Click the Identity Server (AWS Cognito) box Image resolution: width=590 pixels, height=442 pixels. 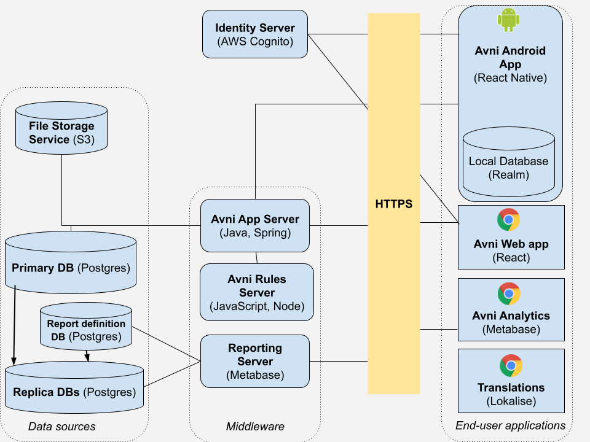255,34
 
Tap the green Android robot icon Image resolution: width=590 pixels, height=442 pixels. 508,21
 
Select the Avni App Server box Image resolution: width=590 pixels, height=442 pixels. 255,225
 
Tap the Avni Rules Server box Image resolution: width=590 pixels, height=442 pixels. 256,292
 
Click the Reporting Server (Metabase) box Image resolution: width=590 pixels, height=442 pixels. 255,361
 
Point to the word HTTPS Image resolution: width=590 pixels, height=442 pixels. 394,203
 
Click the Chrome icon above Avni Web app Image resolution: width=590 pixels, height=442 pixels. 509,220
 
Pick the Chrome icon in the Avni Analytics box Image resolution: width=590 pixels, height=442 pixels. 509,293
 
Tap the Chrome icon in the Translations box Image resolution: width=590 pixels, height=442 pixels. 511,365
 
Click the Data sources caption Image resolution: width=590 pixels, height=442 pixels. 62,426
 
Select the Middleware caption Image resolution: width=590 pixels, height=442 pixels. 255,426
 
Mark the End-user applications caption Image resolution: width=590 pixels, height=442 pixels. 510,425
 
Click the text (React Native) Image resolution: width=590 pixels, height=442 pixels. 510,78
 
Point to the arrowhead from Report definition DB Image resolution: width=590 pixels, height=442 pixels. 87,358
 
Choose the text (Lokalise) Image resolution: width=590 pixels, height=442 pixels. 511,401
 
